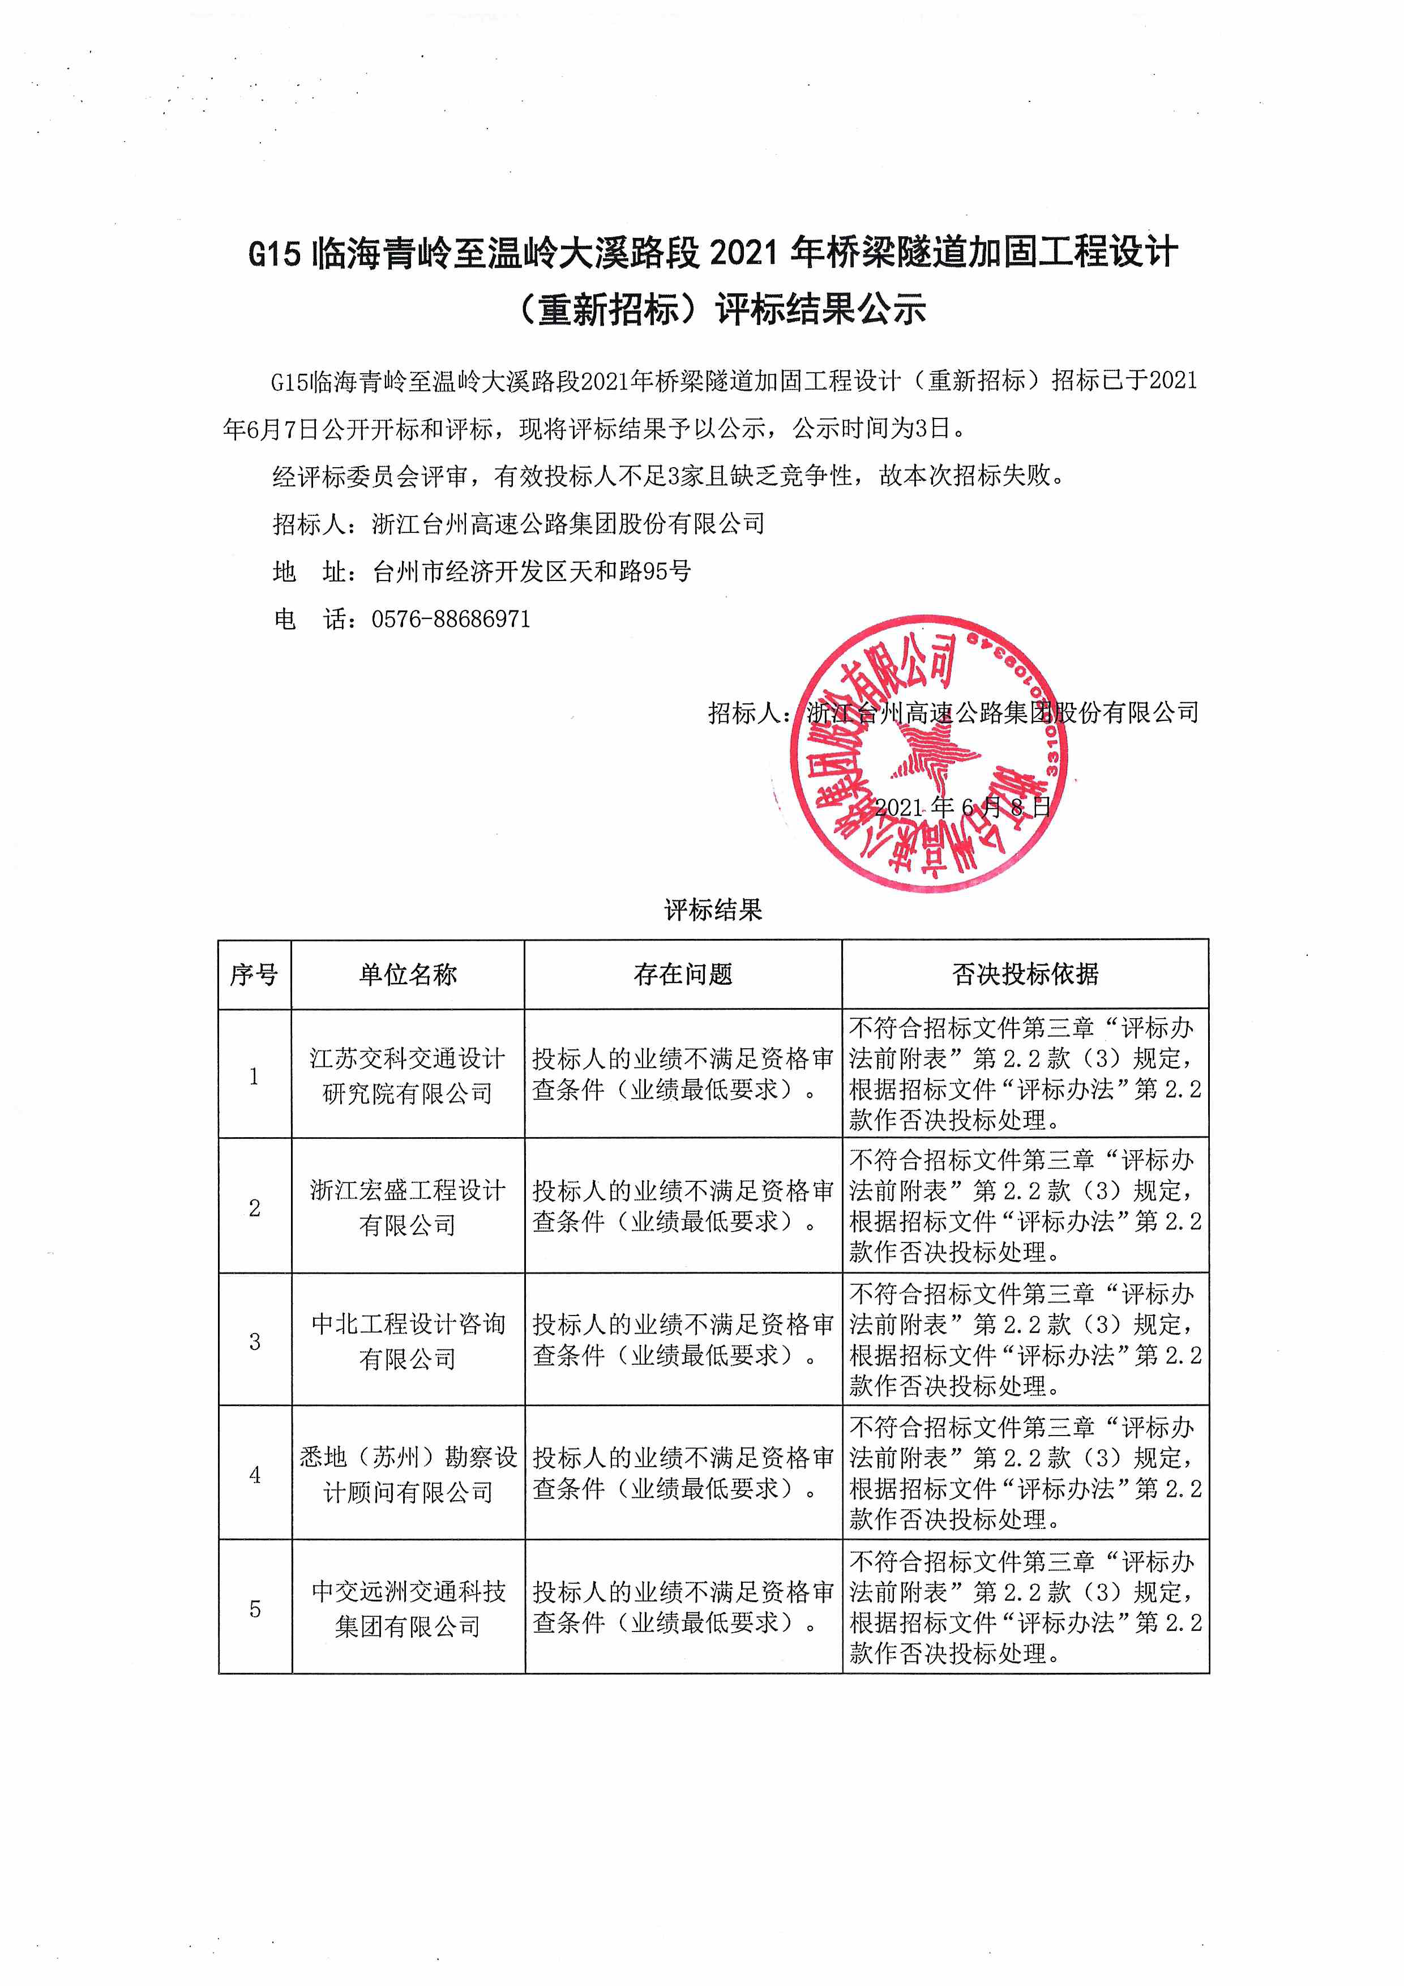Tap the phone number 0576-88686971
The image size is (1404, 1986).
[451, 620]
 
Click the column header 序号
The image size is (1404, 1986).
[254, 975]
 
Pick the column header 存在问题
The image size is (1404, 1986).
[683, 975]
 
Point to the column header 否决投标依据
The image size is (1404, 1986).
[1025, 975]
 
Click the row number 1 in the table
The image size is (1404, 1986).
[254, 1076]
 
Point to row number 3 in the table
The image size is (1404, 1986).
[254, 1342]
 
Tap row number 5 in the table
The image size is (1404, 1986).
[254, 1609]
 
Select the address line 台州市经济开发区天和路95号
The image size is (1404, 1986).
[532, 571]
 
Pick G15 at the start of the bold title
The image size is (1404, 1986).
[274, 254]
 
